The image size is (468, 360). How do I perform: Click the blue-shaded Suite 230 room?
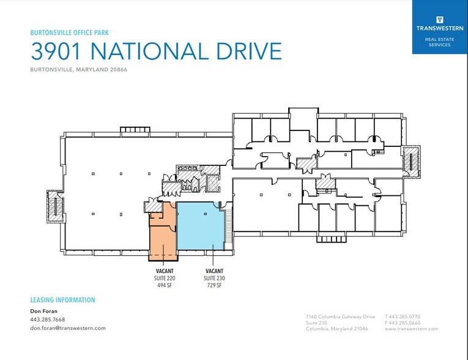pyautogui.click(x=201, y=227)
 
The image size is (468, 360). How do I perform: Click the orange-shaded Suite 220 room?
pyautogui.click(x=163, y=236)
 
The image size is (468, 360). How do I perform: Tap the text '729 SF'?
pyautogui.click(x=214, y=285)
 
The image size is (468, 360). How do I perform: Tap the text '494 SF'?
pyautogui.click(x=162, y=285)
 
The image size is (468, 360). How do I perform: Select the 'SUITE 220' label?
pyautogui.click(x=162, y=277)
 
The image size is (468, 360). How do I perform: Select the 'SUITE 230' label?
pyautogui.click(x=214, y=277)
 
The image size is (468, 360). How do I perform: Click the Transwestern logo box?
pyautogui.click(x=439, y=27)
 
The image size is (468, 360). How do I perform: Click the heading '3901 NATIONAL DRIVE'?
pyautogui.click(x=156, y=51)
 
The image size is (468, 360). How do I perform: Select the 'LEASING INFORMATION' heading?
pyautogui.click(x=62, y=300)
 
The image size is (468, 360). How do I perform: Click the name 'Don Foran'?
pyautogui.click(x=43, y=312)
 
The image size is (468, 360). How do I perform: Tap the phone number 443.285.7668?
pyautogui.click(x=47, y=320)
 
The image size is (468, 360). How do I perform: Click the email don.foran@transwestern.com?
pyautogui.click(x=68, y=328)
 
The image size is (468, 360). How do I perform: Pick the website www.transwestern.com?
pyautogui.click(x=411, y=329)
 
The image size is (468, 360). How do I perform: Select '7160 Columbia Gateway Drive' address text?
pyautogui.click(x=340, y=317)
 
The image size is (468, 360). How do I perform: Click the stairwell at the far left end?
pyautogui.click(x=56, y=205)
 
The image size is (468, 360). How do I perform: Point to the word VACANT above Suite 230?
pyautogui.click(x=214, y=271)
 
